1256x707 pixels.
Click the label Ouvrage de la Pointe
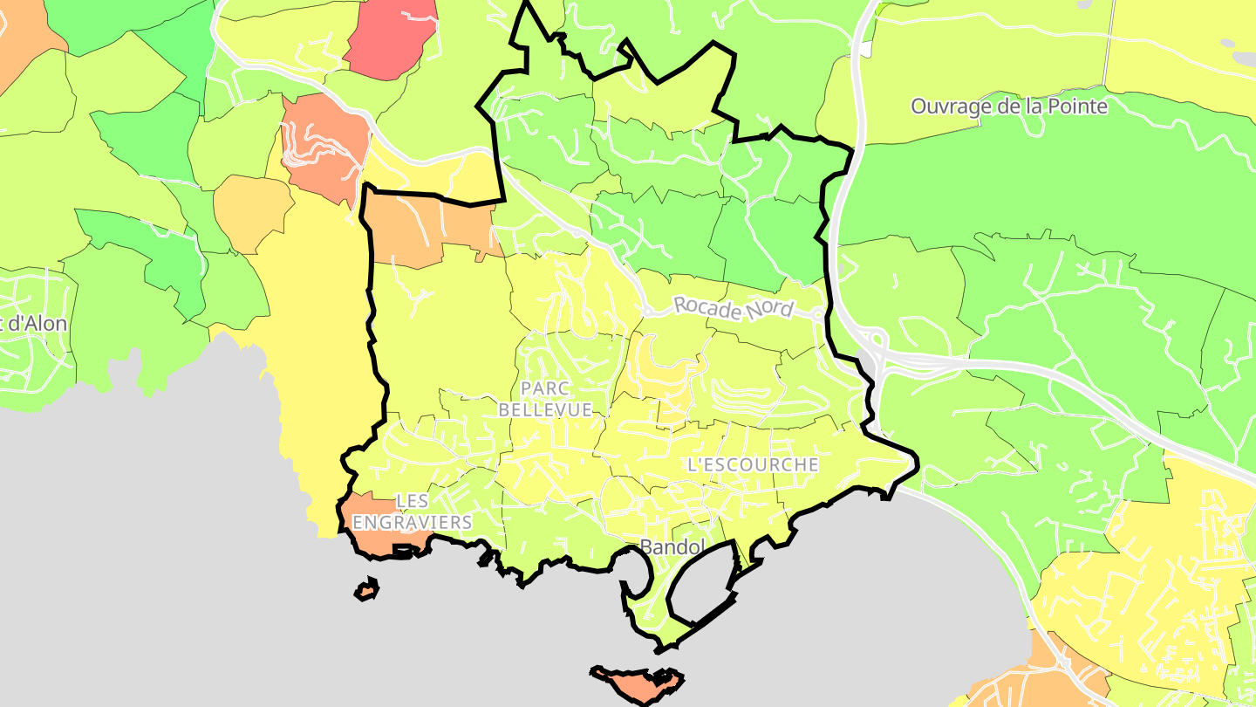pos(1009,106)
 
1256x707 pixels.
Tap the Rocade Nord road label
pos(734,307)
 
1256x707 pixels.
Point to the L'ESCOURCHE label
pos(753,464)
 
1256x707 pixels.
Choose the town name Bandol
pos(672,547)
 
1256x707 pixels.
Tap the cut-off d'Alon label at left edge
pos(33,323)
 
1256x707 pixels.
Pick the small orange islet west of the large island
pos(367,591)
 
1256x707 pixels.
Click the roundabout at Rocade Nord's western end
pos(647,311)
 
